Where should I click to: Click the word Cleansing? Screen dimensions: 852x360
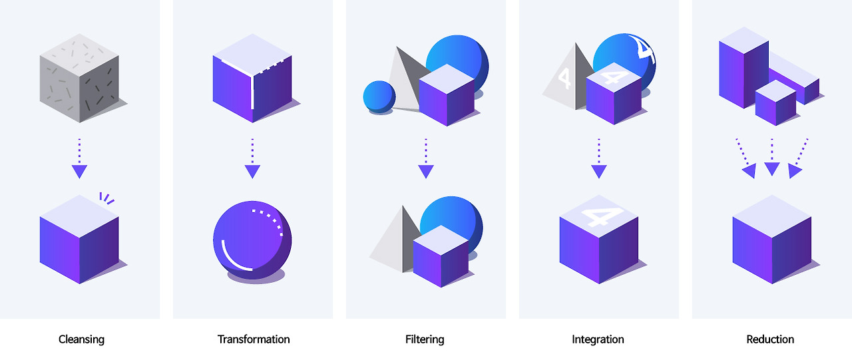point(81,339)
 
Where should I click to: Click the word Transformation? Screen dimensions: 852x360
point(254,339)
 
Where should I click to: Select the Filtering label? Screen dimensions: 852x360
point(425,339)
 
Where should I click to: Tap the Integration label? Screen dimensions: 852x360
point(598,339)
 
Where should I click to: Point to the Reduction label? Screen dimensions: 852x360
point(770,339)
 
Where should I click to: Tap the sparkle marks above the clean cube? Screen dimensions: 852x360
point(106,198)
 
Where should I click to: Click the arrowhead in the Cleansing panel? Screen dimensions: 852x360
point(79,171)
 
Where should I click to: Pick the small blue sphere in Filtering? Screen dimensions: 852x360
point(379,96)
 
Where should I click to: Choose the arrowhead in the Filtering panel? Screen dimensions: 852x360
point(426,171)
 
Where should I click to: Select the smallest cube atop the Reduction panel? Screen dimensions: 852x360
point(775,103)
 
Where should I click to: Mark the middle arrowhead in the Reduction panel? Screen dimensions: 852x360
point(771,168)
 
